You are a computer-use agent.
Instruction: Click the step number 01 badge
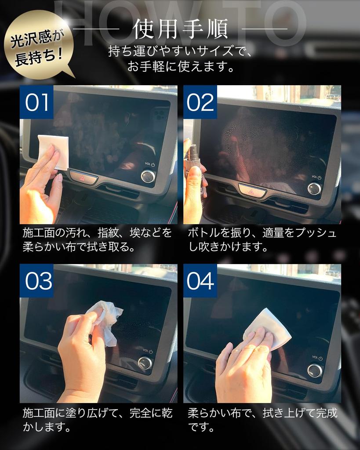36,102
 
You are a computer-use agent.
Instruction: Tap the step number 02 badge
200,102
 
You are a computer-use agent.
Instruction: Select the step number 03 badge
36,281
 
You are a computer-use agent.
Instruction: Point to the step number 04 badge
200,281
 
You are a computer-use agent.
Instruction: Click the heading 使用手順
180,29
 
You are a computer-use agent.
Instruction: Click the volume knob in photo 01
148,176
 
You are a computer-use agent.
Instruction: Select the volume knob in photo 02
314,189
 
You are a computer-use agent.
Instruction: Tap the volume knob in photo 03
145,363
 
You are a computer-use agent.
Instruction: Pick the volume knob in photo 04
315,370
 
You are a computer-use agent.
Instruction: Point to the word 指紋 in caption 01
108,233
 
